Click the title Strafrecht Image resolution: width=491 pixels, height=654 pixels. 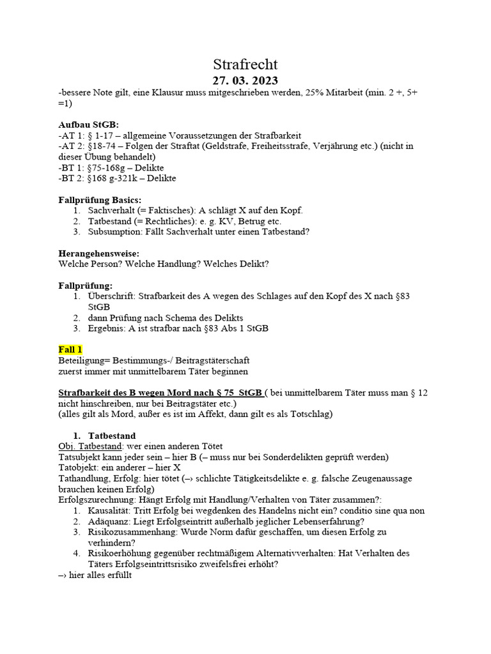pos(245,65)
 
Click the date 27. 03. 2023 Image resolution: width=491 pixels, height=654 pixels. pos(245,80)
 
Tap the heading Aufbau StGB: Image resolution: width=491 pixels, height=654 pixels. pos(88,124)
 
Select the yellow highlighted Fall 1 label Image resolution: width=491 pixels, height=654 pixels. pos(70,349)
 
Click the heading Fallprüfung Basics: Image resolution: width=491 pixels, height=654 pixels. pos(100,199)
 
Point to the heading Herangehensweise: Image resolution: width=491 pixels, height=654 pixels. pos(98,253)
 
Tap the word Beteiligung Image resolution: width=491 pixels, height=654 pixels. pos(82,360)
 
